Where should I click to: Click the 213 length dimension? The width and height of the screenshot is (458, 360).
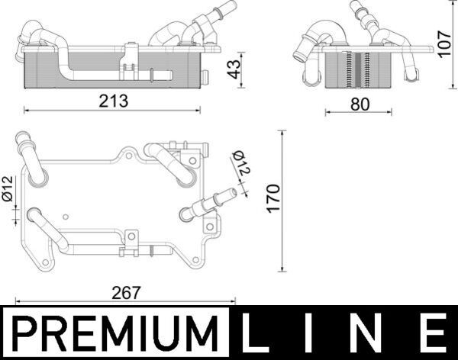[113, 100]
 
